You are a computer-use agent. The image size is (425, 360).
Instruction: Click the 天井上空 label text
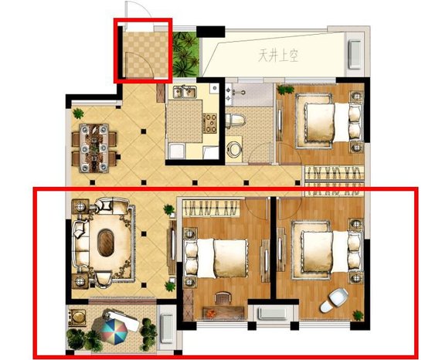(278, 56)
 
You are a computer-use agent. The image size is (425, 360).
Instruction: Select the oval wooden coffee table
(106, 243)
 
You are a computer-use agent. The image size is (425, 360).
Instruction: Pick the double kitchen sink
(185, 92)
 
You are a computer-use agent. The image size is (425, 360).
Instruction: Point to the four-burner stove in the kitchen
(211, 124)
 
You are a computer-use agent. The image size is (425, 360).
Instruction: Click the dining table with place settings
(93, 148)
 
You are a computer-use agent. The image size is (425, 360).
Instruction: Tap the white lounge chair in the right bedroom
(334, 300)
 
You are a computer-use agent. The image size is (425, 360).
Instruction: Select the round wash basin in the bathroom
(234, 149)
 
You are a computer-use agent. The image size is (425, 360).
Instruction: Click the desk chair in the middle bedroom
(223, 298)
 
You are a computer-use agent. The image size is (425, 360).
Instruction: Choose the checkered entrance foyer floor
(144, 55)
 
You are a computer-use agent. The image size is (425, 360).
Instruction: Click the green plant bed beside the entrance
(185, 55)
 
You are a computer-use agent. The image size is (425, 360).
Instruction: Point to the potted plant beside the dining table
(78, 113)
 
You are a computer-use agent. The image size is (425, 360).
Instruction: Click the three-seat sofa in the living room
(80, 243)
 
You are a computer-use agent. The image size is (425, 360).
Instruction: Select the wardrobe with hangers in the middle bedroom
(211, 208)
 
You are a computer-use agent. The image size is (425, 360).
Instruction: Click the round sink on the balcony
(78, 317)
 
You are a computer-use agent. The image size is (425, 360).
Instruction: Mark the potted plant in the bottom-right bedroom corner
(358, 315)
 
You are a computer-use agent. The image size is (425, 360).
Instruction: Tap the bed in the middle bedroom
(216, 258)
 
